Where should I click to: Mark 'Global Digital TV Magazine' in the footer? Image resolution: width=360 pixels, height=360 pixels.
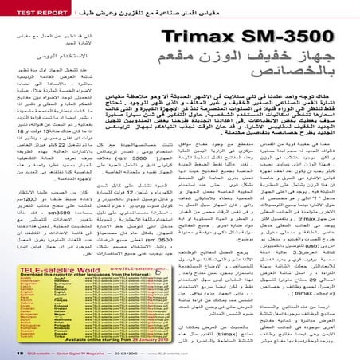point(96,351)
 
